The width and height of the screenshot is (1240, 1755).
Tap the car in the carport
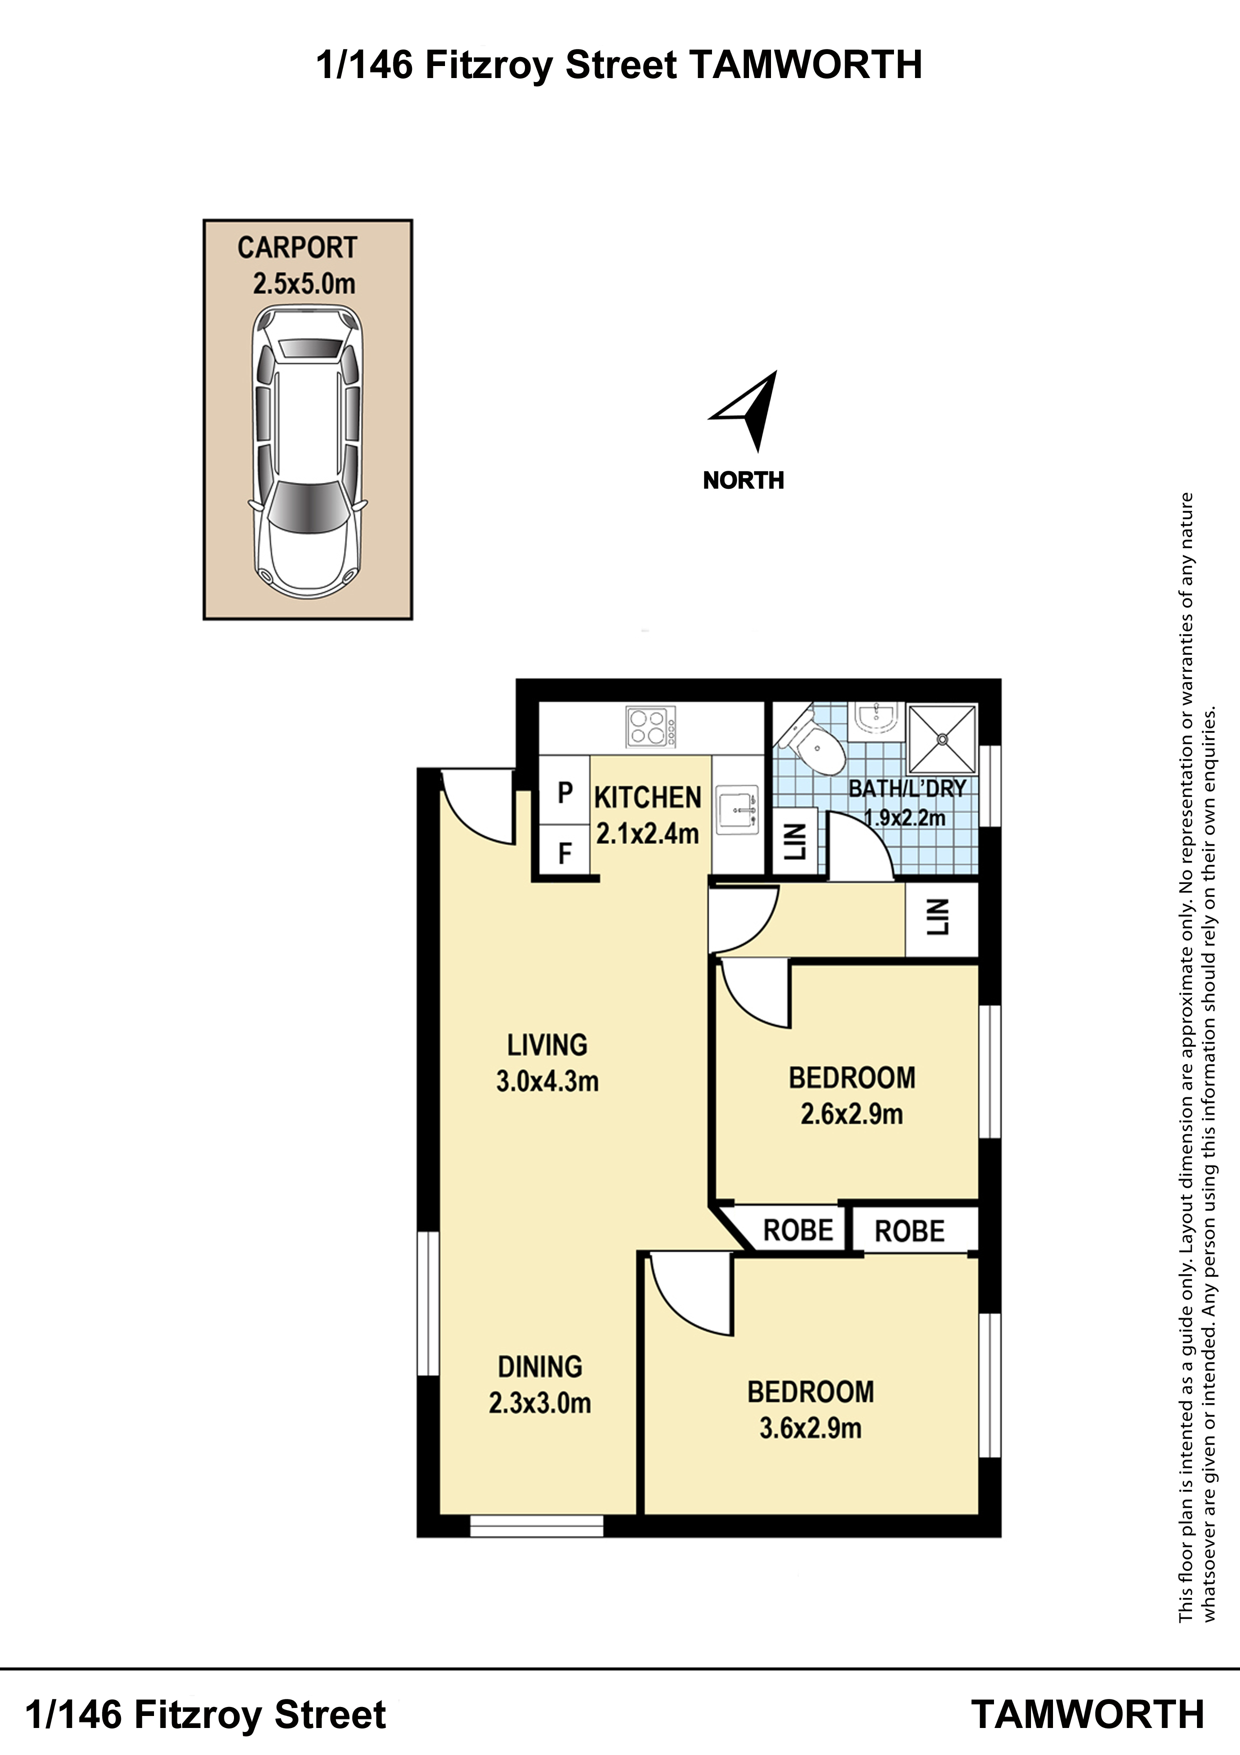coord(307,453)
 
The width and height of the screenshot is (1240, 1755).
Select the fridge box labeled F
coord(564,851)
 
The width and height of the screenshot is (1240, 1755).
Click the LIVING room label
coord(547,1044)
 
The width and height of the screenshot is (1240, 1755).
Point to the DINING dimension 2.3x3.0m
coord(540,1403)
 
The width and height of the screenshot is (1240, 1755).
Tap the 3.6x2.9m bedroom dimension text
coord(810,1428)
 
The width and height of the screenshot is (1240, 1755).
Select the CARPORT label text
coord(297,248)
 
